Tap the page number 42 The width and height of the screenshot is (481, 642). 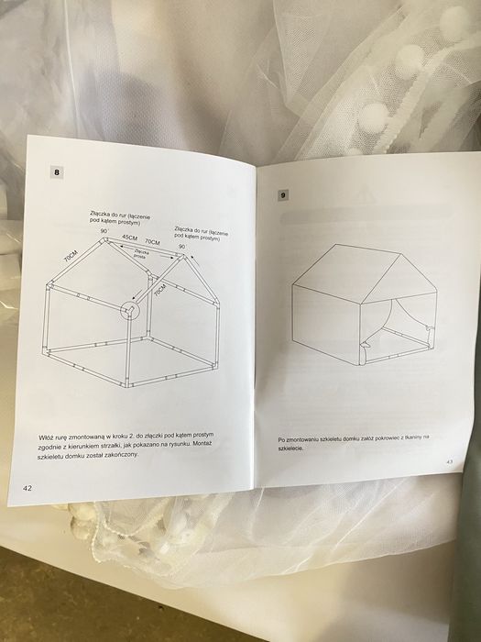click(28, 488)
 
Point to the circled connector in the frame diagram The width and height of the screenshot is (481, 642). click(132, 310)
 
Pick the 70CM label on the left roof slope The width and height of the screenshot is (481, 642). click(70, 259)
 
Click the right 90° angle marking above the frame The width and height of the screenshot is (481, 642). click(181, 246)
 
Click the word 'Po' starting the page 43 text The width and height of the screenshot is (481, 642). click(280, 439)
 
